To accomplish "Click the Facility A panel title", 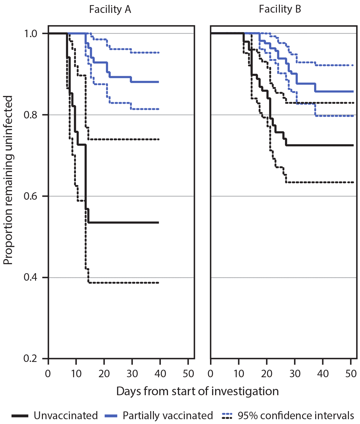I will click(x=110, y=10).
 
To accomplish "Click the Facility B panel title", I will click(x=280, y=10).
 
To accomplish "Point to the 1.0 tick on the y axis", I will click(x=30, y=34).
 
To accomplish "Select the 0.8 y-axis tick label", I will click(x=30, y=115).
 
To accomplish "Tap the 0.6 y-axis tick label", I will click(x=30, y=196).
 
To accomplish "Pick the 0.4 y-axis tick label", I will click(x=30, y=278).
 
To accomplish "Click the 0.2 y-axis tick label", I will click(x=30, y=359).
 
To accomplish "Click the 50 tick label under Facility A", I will click(x=188, y=374).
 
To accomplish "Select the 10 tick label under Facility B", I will click(x=238, y=374).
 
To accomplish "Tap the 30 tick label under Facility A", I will click(x=132, y=374).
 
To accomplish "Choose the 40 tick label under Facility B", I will click(x=323, y=374).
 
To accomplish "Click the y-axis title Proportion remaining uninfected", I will click(x=8, y=180).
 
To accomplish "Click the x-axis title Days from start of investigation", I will click(x=197, y=391).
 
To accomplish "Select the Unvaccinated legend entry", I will click(x=65, y=416).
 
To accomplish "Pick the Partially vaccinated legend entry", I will click(x=167, y=416).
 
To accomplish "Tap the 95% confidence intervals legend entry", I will click(x=296, y=416).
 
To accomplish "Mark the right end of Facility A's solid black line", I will click(x=158, y=222).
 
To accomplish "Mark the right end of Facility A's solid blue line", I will click(x=158, y=82).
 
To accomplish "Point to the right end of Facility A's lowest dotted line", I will click(x=158, y=283).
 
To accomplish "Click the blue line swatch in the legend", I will click(x=113, y=416).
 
